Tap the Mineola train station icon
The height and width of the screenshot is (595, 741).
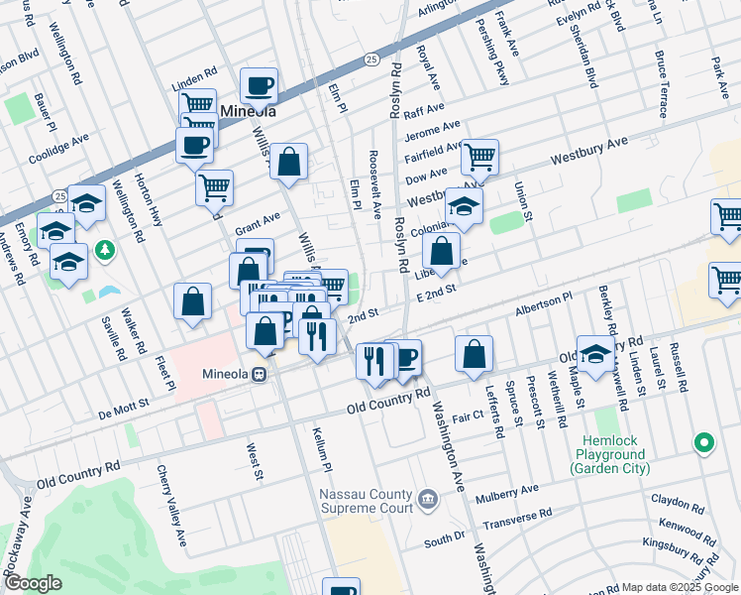coord(259,375)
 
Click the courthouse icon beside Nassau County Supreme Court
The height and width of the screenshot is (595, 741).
coord(427,498)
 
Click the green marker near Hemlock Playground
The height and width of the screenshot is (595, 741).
coord(703,442)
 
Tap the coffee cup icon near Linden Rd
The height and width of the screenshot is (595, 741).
coord(259,86)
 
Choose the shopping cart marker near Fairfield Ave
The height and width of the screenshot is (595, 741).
coord(479,156)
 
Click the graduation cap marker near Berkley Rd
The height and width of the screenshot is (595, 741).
coord(595,355)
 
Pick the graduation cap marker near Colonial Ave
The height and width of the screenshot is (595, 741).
coord(463,207)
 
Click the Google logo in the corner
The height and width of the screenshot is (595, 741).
coord(32,583)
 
